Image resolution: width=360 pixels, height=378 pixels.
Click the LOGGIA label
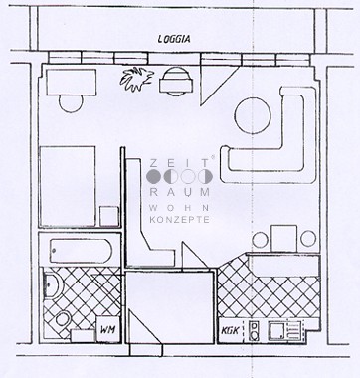pos(174,39)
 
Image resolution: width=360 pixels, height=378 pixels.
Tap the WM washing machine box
pos(108,329)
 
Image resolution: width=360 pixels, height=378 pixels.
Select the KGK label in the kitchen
pos(230,330)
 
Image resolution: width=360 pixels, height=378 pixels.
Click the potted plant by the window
pos(136,80)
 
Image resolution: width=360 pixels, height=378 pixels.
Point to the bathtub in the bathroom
pos(81,251)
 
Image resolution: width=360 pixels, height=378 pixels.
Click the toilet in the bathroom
pos(63,318)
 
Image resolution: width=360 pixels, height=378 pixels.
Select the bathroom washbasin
pos(52,285)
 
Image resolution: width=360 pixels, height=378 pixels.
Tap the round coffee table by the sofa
pos(253,115)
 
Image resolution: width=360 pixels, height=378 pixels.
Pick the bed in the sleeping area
pos(68,186)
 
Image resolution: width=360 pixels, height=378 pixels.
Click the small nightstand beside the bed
pos(109,216)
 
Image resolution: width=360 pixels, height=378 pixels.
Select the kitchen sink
pos(277,331)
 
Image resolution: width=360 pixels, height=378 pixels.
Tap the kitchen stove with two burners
pos(254,331)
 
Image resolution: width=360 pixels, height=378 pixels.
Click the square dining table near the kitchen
pos(283,239)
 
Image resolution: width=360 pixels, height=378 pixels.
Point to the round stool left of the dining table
pos(260,239)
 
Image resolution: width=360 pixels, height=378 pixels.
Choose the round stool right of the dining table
pos(308,239)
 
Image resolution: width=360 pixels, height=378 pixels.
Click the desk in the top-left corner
pos(72,82)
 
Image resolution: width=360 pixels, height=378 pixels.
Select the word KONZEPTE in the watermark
pos(179,220)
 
